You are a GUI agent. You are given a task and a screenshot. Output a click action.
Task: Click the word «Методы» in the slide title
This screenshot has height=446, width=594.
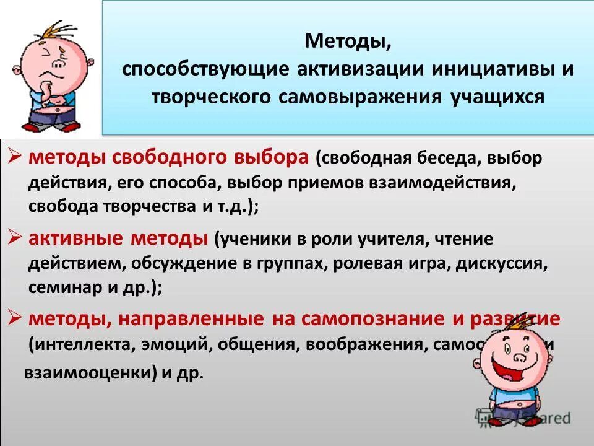(x=348, y=43)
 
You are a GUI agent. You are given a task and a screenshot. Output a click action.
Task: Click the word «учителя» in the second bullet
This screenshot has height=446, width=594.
(x=376, y=238)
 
